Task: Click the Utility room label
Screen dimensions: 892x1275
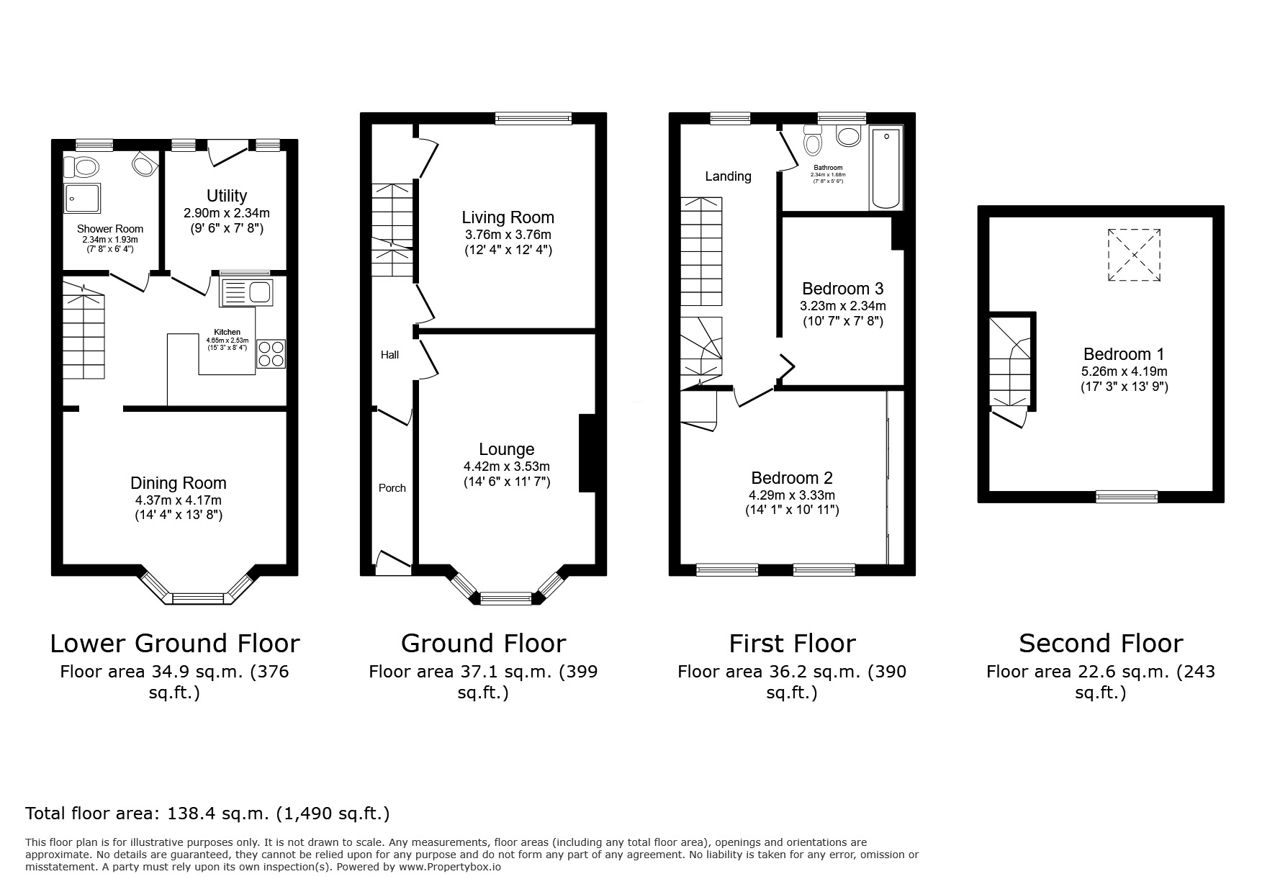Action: tap(226, 196)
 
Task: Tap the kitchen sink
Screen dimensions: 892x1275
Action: tap(246, 292)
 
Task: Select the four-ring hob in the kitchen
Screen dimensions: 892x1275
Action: tap(271, 353)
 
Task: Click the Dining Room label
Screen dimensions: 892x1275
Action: tap(178, 483)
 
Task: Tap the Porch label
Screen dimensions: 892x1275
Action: tap(392, 488)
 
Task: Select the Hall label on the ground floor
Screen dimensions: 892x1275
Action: tap(389, 355)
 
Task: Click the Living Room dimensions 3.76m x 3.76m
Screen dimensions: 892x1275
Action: tap(508, 235)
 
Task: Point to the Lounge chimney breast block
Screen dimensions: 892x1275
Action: tap(587, 453)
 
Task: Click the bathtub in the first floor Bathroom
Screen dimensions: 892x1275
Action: tap(886, 168)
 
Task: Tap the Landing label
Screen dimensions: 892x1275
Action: tap(728, 176)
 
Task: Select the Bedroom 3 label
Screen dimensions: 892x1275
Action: tap(842, 289)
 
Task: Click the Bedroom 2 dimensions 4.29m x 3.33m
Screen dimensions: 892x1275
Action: tap(791, 495)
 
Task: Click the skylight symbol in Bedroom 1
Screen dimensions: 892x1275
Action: tap(1134, 255)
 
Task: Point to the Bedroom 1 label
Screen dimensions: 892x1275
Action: tap(1123, 354)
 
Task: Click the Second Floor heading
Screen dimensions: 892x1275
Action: tap(1101, 643)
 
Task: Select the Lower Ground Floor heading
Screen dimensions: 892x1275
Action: tap(175, 643)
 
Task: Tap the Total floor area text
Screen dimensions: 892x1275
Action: tap(207, 814)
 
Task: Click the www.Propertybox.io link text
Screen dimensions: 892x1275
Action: tap(449, 868)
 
